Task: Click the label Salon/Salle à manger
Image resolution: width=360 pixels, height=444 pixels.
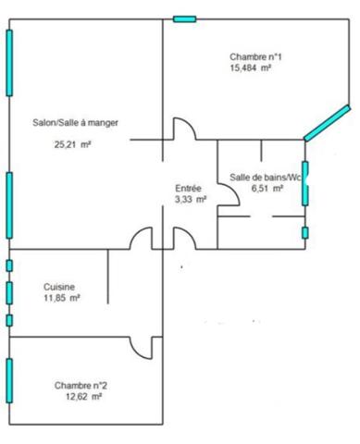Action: pyautogui.click(x=75, y=122)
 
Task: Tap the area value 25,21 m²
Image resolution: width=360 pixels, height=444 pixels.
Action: pyautogui.click(x=74, y=143)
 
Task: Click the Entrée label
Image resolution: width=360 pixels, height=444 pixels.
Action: pyautogui.click(x=189, y=188)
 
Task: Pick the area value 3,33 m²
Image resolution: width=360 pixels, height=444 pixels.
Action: pyautogui.click(x=191, y=198)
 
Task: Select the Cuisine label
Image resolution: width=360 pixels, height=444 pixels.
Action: pyautogui.click(x=59, y=287)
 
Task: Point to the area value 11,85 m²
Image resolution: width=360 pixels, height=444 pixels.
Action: pyautogui.click(x=62, y=298)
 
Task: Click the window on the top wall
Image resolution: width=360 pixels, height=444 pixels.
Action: pyautogui.click(x=185, y=18)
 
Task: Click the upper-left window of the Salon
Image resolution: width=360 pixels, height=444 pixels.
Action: pyautogui.click(x=10, y=61)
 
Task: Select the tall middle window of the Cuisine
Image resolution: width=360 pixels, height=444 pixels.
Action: pyautogui.click(x=9, y=292)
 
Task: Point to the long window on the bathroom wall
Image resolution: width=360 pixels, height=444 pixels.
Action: pyautogui.click(x=304, y=181)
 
